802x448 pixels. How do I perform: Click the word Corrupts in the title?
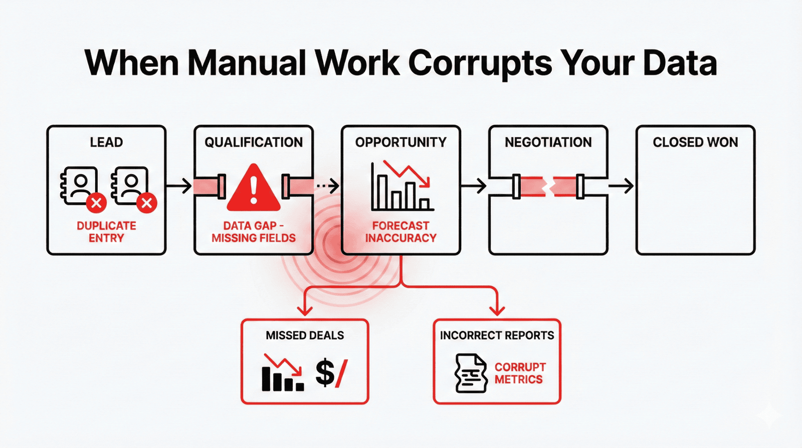point(480,64)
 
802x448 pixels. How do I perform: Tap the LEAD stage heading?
point(106,142)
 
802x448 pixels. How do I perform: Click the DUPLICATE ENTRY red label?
point(106,232)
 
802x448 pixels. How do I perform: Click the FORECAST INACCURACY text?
point(400,232)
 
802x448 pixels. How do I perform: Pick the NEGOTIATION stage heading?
point(548,142)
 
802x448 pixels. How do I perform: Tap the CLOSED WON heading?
point(695,142)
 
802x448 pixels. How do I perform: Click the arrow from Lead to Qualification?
point(179,186)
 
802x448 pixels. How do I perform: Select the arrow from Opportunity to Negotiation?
point(474,186)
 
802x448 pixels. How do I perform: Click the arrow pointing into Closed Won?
point(621,186)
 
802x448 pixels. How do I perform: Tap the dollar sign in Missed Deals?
point(325,373)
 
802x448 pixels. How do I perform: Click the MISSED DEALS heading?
point(305,336)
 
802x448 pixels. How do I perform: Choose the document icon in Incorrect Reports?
point(471,373)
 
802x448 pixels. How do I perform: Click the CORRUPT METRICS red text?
point(520,373)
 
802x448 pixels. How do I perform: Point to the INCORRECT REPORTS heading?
point(497,336)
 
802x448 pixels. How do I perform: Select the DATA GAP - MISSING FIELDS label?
point(254,232)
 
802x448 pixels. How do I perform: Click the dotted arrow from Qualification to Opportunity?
point(328,186)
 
